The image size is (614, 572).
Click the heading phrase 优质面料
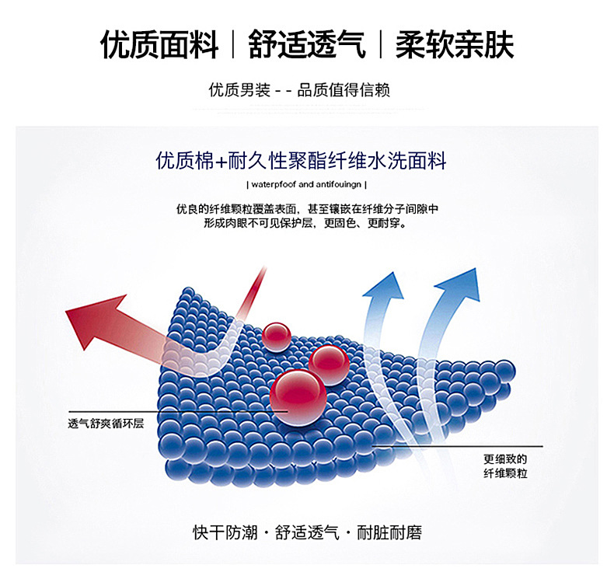(159, 44)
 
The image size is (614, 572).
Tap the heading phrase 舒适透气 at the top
(307, 44)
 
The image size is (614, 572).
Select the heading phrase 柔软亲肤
(455, 44)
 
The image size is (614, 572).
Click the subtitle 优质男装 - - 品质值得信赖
(299, 90)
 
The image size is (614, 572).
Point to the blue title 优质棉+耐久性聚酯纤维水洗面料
(301, 161)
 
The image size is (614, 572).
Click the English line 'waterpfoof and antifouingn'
(306, 184)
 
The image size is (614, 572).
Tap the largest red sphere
(298, 396)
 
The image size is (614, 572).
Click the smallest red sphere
(277, 337)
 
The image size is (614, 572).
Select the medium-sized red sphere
(329, 364)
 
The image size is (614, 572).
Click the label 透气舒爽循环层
(106, 424)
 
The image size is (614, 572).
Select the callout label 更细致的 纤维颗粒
(505, 466)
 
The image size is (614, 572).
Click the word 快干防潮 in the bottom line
(225, 532)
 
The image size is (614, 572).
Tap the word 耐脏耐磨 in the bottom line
(389, 532)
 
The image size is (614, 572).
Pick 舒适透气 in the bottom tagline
(307, 532)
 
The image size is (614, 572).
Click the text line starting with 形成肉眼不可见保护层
(305, 223)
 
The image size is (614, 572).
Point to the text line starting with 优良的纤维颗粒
(307, 209)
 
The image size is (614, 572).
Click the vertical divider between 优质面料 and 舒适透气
(233, 44)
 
